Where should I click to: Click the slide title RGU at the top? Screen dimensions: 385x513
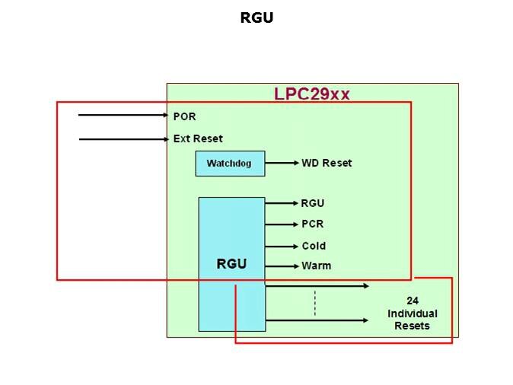click(x=256, y=18)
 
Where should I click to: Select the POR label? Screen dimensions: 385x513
click(x=184, y=116)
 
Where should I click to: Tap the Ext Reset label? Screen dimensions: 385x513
click(x=198, y=138)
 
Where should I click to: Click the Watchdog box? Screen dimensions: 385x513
click(x=229, y=164)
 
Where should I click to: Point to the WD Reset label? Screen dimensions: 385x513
click(x=327, y=163)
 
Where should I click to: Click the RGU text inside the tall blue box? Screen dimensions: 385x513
click(x=231, y=264)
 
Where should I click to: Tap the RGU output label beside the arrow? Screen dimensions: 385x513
click(x=313, y=203)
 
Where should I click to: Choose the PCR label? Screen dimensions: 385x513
click(x=312, y=224)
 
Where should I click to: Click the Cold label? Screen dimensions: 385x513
click(x=314, y=246)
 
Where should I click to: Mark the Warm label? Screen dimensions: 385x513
click(x=316, y=266)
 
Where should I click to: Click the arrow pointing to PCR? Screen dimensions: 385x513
click(x=282, y=224)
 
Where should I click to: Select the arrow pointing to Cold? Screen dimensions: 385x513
click(x=282, y=246)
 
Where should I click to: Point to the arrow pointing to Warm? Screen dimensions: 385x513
click(x=282, y=266)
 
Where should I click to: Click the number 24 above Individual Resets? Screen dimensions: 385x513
click(x=413, y=301)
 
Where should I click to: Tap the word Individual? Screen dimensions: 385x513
click(x=413, y=313)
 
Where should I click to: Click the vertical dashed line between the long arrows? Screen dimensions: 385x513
click(x=314, y=303)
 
